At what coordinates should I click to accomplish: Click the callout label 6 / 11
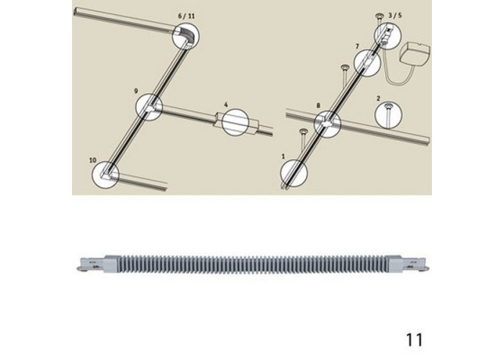coord(186,16)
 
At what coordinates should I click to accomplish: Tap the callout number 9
coord(136,91)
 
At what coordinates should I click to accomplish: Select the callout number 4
coord(226,104)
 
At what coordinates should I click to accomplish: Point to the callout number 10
coord(93,160)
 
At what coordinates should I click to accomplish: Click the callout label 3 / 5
coord(395,15)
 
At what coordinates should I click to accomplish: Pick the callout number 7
coord(357,47)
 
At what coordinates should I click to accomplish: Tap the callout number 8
coord(318,105)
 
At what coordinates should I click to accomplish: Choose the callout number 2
coord(378,99)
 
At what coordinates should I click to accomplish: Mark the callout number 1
coord(283,156)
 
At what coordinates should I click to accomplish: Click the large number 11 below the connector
coord(415,340)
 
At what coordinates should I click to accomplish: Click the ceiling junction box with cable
coord(415,55)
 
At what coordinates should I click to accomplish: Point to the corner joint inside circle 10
coord(106,174)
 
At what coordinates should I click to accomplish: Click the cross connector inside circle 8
coord(327,124)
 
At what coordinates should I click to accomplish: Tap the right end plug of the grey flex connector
coord(408,264)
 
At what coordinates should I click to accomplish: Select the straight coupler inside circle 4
coord(235,122)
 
